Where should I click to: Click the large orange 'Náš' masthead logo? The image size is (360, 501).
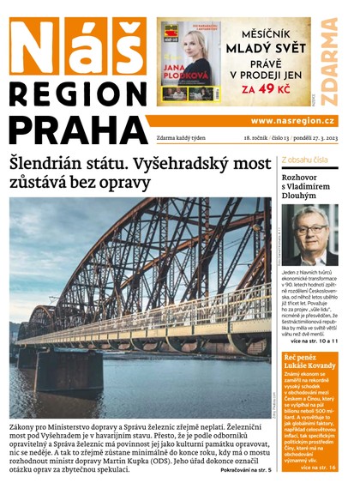[x=77, y=50]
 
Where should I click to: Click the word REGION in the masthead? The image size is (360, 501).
[x=78, y=97]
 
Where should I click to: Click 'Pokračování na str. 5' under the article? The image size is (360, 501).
[x=245, y=470]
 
